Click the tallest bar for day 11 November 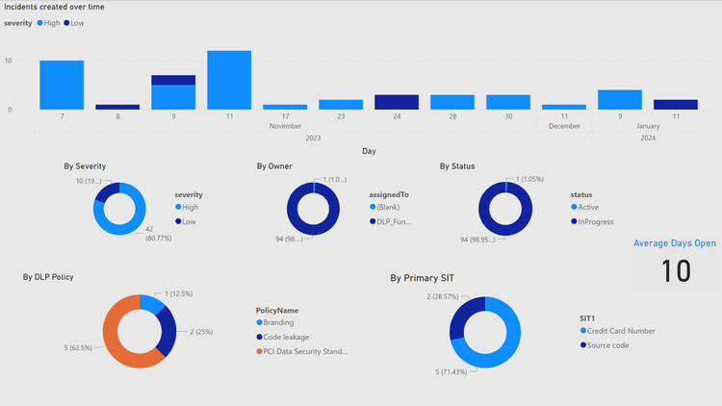pos(229,80)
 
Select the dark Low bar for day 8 pos(117,107)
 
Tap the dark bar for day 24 pos(397,102)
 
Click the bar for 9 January pos(619,100)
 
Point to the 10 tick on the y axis pos(9,61)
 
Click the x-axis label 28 pos(451,116)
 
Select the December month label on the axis pos(564,126)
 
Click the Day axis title pos(369,151)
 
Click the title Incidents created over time pos(55,7)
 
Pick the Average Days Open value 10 pos(676,270)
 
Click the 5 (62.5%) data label pos(78,347)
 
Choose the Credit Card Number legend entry pos(623,331)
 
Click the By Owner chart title pos(273,166)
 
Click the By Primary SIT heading pos(422,278)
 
